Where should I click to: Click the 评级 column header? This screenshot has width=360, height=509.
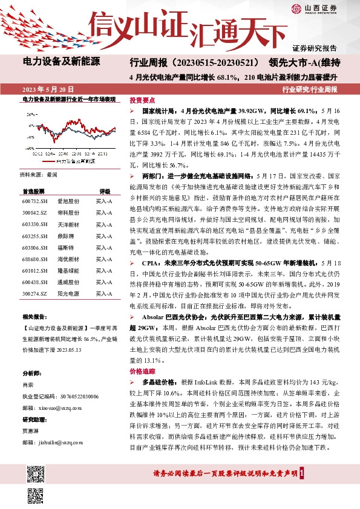(105, 190)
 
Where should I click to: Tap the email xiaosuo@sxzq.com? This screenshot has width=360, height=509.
(54, 408)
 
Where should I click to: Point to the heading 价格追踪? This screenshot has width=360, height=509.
(142, 372)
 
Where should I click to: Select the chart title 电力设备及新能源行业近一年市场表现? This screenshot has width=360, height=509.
(68, 99)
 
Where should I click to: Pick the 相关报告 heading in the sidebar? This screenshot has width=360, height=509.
(35, 317)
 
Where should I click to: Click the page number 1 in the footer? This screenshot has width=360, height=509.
(310, 473)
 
